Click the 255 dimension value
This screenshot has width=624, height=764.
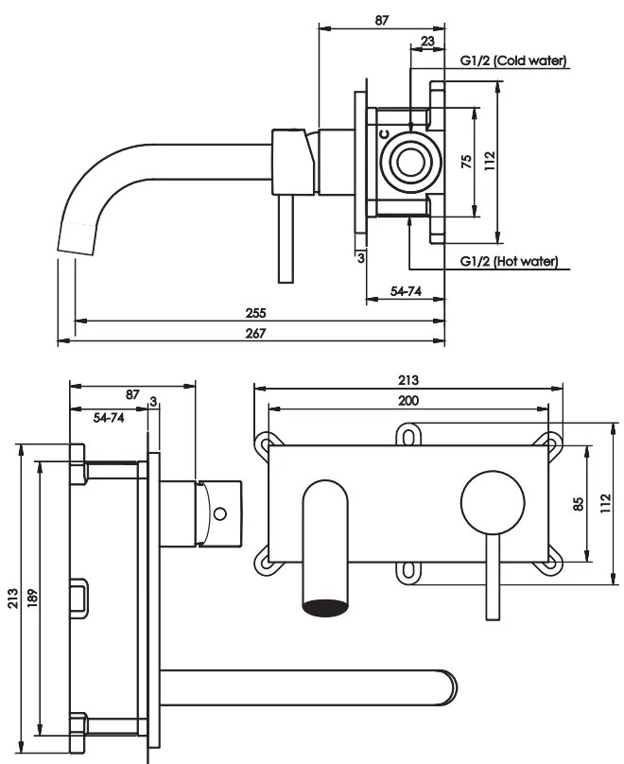[255, 313]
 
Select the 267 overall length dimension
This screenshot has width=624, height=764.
[255, 333]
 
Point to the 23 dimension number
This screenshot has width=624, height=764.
[427, 42]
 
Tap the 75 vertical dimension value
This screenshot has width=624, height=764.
[467, 162]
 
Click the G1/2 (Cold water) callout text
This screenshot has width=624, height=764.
[514, 61]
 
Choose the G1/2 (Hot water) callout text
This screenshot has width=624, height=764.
[509, 261]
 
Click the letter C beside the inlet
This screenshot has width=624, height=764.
[385, 133]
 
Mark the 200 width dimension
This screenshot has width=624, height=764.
[408, 401]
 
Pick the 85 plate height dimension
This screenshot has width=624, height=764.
[579, 504]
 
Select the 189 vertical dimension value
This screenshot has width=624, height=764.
[33, 598]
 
